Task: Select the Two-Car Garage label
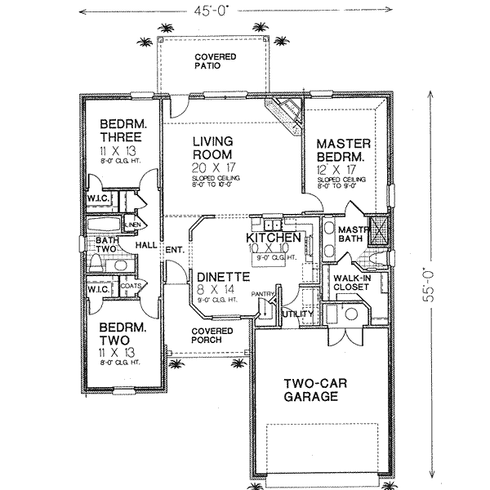tap(311, 390)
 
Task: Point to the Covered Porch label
tap(212, 336)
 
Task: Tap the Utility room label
tap(293, 314)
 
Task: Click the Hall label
tap(147, 244)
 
